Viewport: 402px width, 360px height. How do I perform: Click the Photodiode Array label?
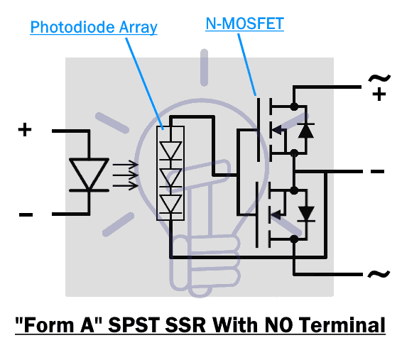[94, 28]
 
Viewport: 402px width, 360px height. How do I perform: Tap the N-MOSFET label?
[244, 23]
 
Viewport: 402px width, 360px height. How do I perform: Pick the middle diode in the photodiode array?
[170, 178]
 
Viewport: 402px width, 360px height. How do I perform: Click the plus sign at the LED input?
[25, 130]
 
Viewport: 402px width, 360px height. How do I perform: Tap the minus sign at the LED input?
[26, 214]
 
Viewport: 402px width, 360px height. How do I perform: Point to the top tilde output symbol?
[379, 78]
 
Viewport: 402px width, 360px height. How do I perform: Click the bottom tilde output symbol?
[379, 273]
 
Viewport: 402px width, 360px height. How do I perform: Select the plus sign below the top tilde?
[379, 94]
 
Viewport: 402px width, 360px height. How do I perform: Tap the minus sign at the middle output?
[377, 171]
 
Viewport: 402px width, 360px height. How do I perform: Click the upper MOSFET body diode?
[305, 131]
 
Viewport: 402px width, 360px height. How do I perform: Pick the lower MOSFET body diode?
[306, 214]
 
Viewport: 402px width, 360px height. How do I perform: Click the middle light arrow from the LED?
[126, 175]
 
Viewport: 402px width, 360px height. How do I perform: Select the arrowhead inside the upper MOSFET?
[276, 130]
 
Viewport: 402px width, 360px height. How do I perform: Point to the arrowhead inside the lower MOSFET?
[276, 214]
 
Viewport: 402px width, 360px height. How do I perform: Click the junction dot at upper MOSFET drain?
[294, 106]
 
